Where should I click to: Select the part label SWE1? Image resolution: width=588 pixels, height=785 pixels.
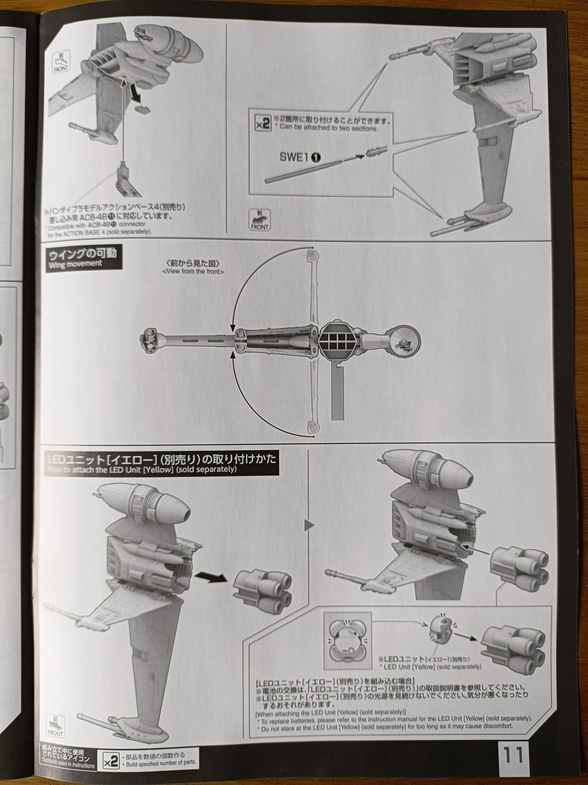click(x=294, y=157)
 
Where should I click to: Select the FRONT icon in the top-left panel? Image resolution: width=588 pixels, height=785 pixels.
click(x=61, y=63)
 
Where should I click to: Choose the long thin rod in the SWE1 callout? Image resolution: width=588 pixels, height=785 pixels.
click(x=303, y=171)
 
